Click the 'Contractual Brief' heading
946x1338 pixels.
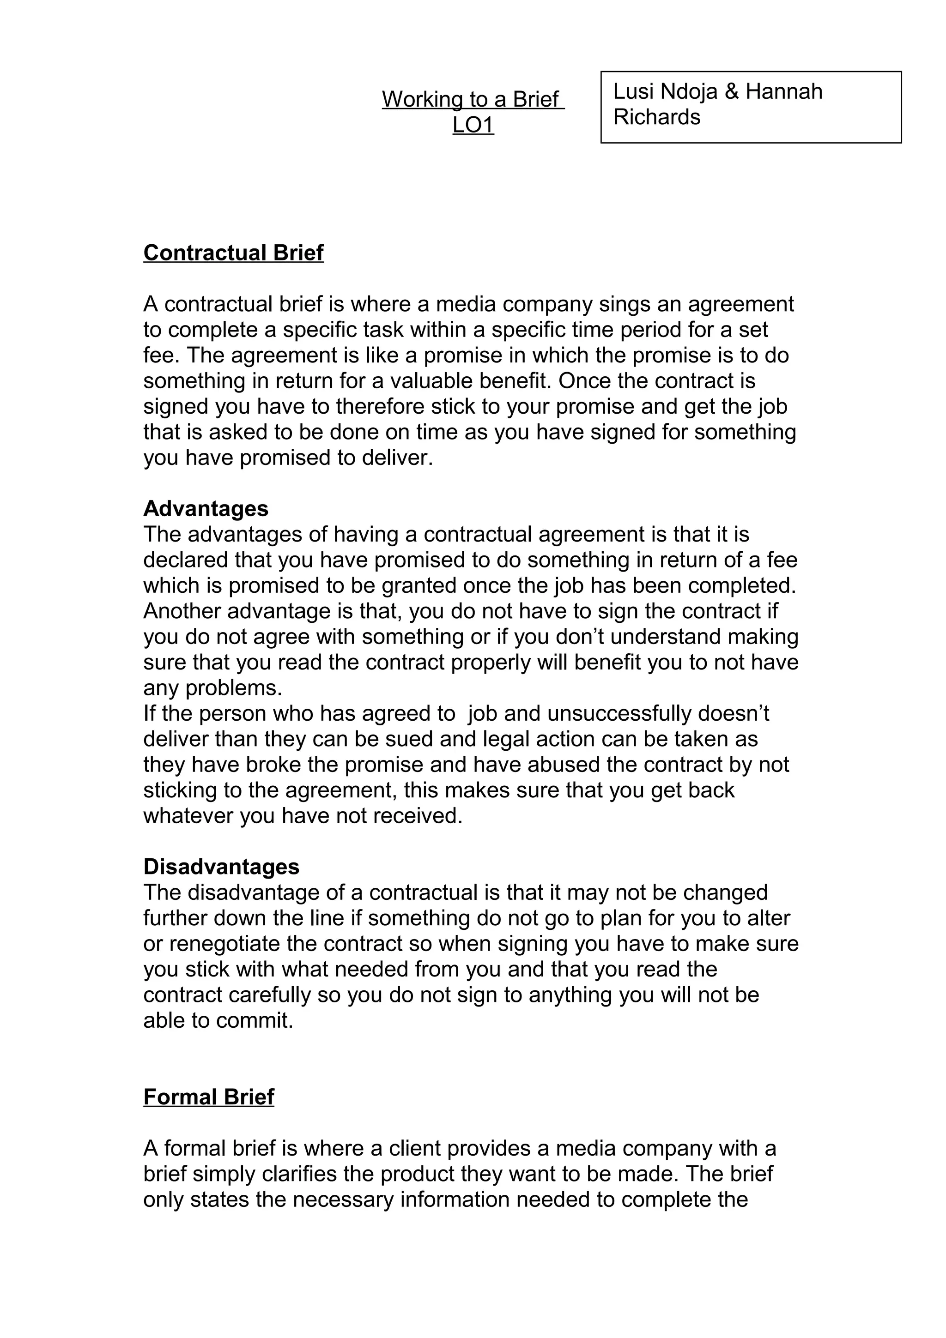point(233,253)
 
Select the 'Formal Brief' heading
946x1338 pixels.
point(209,1097)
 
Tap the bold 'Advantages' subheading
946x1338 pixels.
point(206,509)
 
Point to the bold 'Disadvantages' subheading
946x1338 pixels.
point(222,867)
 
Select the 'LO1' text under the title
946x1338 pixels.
point(473,125)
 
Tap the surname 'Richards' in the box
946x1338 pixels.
point(657,118)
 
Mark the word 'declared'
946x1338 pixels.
point(185,560)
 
